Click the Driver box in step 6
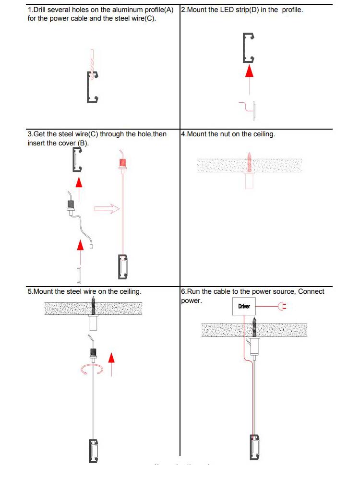[244, 306]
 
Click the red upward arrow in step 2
[249, 72]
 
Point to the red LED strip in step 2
[251, 109]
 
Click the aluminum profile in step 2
[248, 48]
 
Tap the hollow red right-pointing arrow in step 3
[107, 209]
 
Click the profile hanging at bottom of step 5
[93, 450]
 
